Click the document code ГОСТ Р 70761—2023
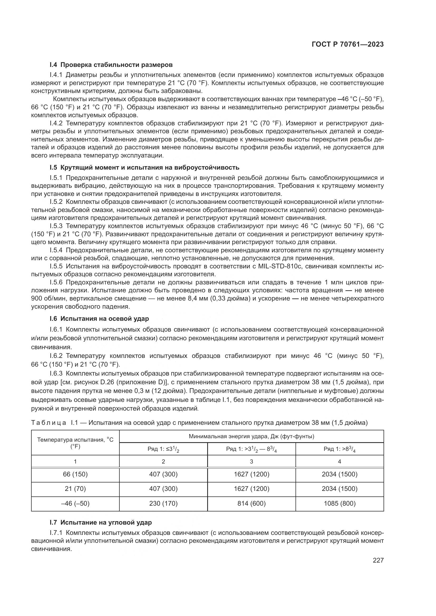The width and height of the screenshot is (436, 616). click(347, 45)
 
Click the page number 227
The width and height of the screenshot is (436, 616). click(378, 560)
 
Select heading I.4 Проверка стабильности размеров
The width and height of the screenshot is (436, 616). click(111, 65)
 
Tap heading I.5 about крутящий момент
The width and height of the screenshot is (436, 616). click(144, 168)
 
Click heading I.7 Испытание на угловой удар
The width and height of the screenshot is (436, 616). click(100, 522)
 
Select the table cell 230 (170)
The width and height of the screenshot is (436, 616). click(163, 503)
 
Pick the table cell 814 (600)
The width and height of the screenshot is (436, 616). click(251, 503)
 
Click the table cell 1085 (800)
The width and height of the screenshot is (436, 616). click(339, 503)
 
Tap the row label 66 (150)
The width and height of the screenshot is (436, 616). click(75, 474)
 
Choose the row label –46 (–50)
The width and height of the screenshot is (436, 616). click(75, 503)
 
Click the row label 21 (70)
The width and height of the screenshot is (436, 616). click(75, 489)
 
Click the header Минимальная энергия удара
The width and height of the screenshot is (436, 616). click(251, 436)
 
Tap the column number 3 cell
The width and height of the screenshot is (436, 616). click(251, 461)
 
